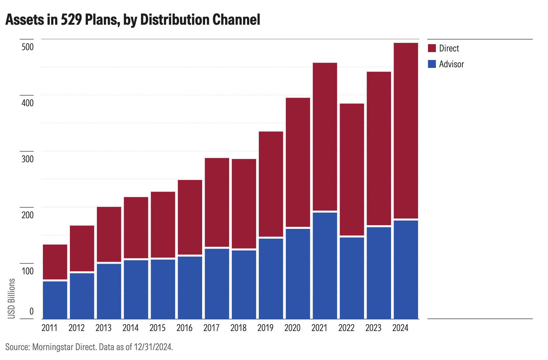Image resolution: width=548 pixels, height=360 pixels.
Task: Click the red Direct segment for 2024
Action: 406,131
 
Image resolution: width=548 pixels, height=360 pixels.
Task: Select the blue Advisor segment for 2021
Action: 325,265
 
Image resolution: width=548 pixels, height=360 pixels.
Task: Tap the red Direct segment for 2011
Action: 55,262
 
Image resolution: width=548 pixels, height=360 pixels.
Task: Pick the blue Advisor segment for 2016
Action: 190,287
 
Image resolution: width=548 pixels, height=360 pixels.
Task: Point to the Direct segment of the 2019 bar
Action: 271,184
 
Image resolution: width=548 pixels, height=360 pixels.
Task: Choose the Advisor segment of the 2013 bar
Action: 109,291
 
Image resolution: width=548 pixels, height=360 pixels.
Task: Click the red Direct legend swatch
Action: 432,48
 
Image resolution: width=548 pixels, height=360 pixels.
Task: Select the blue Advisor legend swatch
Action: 432,64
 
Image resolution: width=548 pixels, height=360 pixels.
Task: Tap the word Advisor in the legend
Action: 451,64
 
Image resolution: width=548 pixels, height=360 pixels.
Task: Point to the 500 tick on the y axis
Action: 28,47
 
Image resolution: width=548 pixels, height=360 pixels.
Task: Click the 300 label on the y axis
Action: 28,159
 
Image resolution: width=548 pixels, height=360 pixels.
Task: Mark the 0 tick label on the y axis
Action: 31,311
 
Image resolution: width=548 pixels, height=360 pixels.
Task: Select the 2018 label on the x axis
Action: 238,328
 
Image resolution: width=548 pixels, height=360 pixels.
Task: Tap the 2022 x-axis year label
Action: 346,328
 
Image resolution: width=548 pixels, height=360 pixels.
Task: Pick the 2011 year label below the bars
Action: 49,328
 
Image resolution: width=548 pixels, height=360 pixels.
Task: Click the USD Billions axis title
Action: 12,298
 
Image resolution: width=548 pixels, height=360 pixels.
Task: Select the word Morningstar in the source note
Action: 53,347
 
